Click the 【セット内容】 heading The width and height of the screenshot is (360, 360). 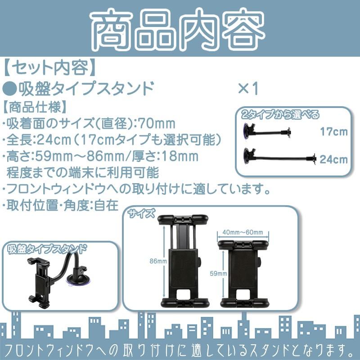[49, 67]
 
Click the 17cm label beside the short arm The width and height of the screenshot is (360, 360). [334, 132]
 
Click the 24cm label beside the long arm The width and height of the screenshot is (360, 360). [334, 159]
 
